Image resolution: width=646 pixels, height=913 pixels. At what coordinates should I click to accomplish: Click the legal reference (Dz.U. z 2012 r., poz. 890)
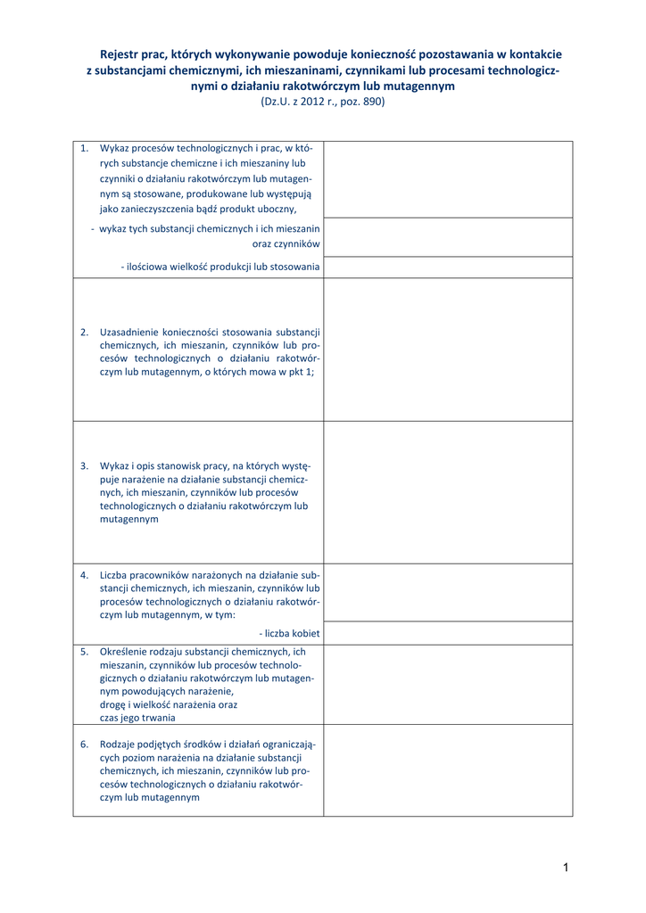coord(323,103)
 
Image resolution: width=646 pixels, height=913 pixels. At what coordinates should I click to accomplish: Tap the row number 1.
coord(84,148)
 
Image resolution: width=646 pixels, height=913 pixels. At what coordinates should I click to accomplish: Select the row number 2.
coord(84,332)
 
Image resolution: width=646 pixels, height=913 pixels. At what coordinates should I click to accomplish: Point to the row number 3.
coord(84,465)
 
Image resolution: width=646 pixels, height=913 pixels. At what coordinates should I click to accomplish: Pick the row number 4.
coord(84,575)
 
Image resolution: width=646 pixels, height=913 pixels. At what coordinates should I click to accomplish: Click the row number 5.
coord(84,652)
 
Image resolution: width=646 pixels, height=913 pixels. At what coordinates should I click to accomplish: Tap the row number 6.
coord(84,744)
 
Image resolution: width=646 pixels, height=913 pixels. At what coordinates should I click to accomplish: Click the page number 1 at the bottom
coord(566,868)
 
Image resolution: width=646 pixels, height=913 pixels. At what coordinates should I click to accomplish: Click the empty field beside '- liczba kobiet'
coord(448,633)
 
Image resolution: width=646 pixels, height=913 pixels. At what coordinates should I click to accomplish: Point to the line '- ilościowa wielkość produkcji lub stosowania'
coord(220,267)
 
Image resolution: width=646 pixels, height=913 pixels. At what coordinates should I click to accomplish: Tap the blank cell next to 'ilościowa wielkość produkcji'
coord(448,267)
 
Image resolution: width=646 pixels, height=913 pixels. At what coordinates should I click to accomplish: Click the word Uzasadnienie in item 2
coord(129,332)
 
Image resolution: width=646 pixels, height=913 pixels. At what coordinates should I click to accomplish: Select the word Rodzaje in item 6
coord(119,744)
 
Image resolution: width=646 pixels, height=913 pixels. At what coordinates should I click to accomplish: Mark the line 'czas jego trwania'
coord(137,718)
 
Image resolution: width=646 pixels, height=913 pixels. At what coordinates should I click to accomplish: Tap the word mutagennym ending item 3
coord(129,519)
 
